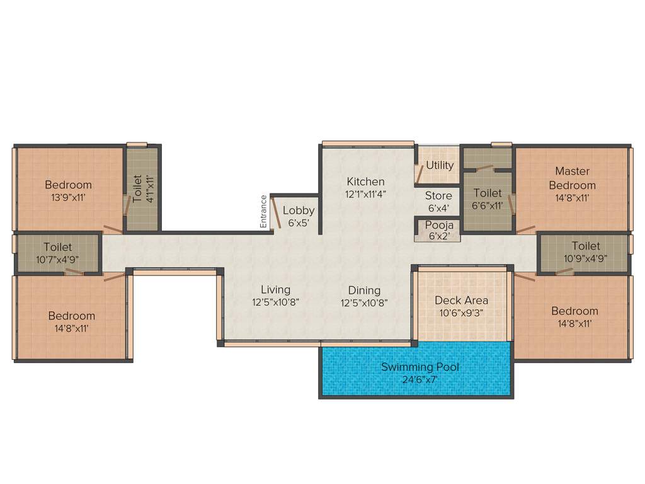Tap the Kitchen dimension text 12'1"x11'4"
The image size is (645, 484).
point(365,194)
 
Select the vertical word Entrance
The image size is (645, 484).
point(263,212)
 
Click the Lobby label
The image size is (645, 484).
point(298,210)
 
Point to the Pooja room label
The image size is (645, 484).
point(438,224)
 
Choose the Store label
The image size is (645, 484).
point(438,196)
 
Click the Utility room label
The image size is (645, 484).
point(440,165)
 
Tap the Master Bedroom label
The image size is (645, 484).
point(572,178)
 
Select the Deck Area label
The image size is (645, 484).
point(461,300)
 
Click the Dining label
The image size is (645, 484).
point(364,290)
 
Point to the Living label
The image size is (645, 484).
point(276,289)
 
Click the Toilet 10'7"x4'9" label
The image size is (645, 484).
point(58,247)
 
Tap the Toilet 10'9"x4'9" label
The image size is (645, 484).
point(586,246)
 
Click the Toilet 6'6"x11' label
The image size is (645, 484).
point(488,193)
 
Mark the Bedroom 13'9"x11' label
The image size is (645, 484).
point(68,185)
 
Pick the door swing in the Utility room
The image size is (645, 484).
point(419,174)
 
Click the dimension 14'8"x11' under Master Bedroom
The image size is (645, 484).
point(572,197)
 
